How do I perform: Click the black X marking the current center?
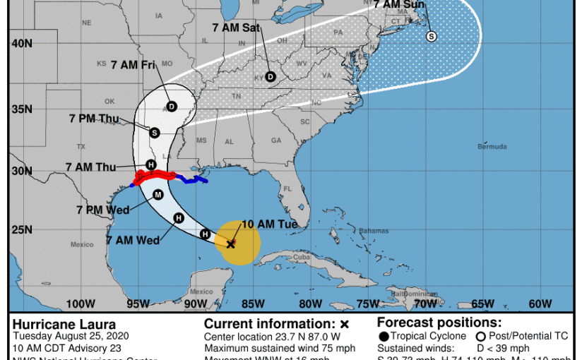pos(230,244)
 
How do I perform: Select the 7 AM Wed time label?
pos(133,241)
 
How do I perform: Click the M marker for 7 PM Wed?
pos(158,195)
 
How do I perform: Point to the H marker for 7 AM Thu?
pos(150,164)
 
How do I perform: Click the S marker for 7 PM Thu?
pos(155,132)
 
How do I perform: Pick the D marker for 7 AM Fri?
pos(171,107)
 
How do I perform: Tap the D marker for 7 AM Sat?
pos(270,77)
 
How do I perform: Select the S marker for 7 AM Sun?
pos(431,37)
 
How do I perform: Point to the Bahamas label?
pos(374,231)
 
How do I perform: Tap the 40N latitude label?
pos(21,43)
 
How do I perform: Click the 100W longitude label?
pos(81,304)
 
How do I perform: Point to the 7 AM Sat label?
pos(237,28)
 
